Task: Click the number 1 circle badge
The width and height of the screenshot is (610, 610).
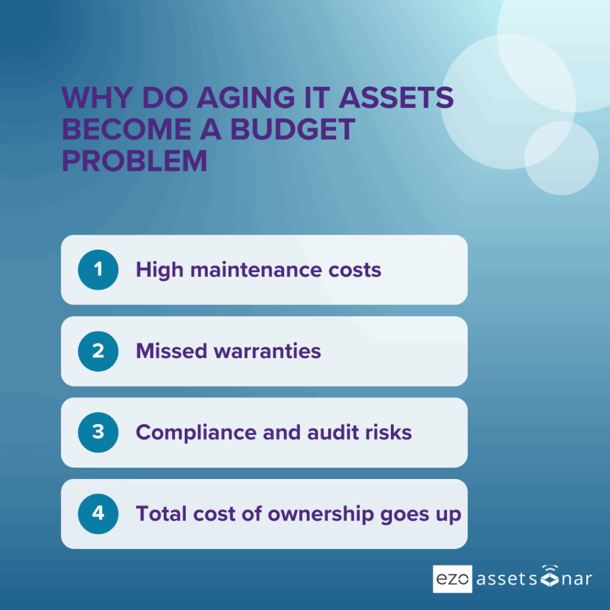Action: pos(98,270)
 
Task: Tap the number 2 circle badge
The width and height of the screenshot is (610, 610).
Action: pos(98,351)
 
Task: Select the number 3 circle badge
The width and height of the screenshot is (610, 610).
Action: pos(98,432)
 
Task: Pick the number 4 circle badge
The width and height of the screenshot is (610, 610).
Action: pos(98,513)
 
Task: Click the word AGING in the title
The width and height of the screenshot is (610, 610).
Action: pos(246,97)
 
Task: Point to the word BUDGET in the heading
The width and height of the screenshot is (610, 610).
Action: pos(292,129)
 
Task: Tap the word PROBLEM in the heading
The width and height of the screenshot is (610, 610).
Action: pos(135,161)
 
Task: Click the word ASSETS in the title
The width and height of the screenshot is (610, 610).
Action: pos(396,97)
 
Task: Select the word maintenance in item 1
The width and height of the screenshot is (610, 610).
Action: pos(256,270)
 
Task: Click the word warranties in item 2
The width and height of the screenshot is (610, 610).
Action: pos(267,351)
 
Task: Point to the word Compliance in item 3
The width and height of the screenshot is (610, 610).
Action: pos(196,433)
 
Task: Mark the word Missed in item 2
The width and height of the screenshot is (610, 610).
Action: pos(172,351)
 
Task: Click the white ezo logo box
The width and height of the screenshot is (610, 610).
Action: pos(453,579)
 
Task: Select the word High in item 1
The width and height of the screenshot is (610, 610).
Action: pos(160,270)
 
